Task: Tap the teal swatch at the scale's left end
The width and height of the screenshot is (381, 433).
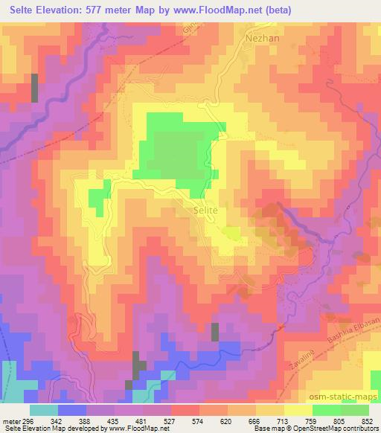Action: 44,410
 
